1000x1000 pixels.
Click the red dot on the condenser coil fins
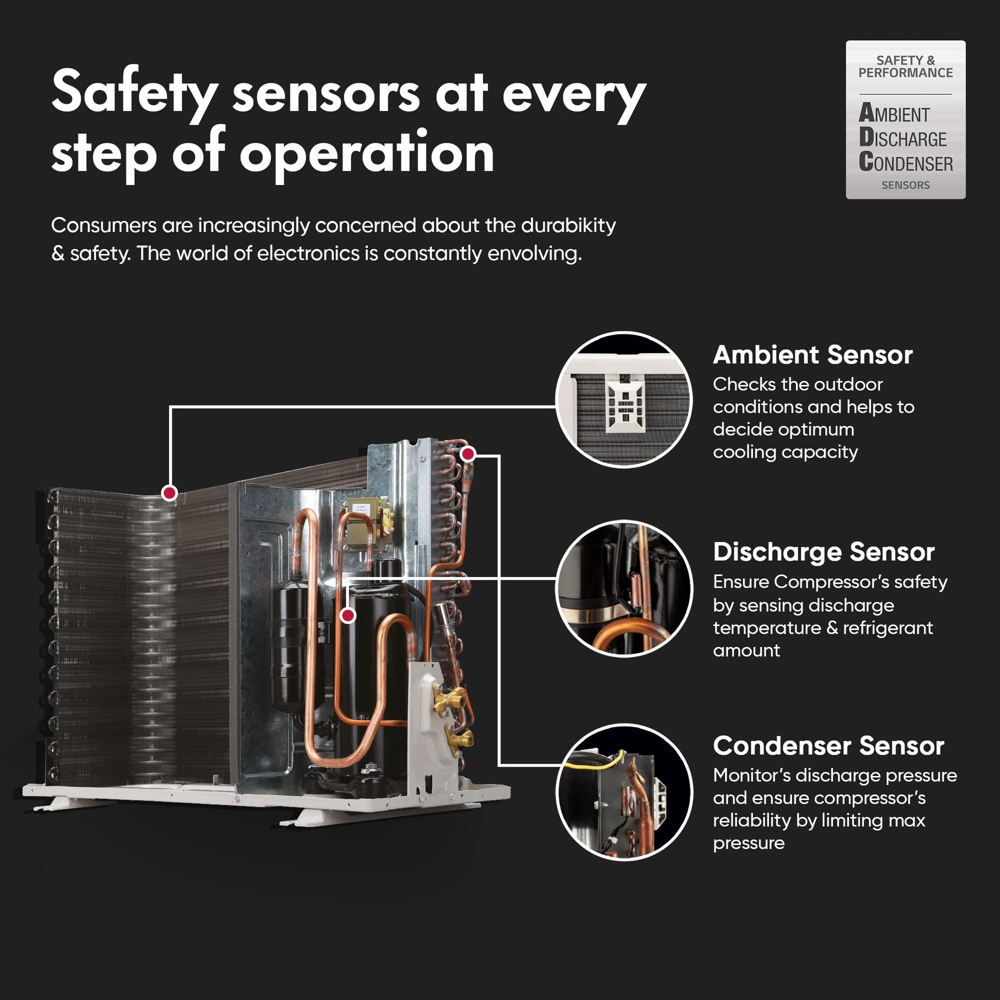[x=169, y=492]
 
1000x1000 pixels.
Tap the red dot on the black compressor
[x=348, y=616]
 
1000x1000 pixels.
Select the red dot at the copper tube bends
[x=468, y=454]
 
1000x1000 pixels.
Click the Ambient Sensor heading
[x=812, y=355]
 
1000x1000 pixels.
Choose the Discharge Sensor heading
[x=824, y=552]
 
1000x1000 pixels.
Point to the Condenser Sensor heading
[x=829, y=746]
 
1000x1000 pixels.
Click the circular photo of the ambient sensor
[x=624, y=400]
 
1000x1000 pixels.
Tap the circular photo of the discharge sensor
[x=624, y=588]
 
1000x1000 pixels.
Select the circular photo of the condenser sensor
[x=624, y=792]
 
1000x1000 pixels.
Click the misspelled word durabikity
[x=568, y=226]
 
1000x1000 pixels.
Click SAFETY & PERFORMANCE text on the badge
[x=905, y=67]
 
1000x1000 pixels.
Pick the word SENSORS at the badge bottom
[x=905, y=185]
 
